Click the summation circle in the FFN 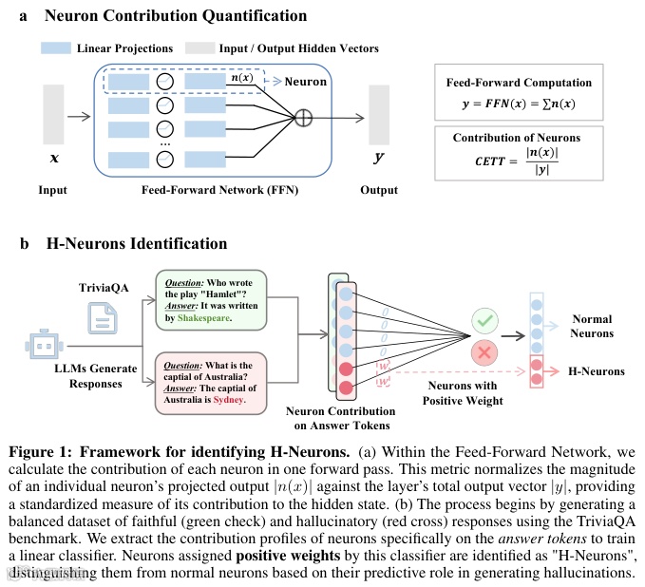tap(304, 118)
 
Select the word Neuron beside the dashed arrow tap(306, 82)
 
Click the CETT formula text tap(516, 161)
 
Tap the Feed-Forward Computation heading tap(519, 83)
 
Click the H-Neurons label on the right tap(597, 370)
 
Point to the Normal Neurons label tap(593, 326)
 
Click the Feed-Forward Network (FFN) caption tap(204, 190)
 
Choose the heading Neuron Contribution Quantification tap(176, 16)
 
